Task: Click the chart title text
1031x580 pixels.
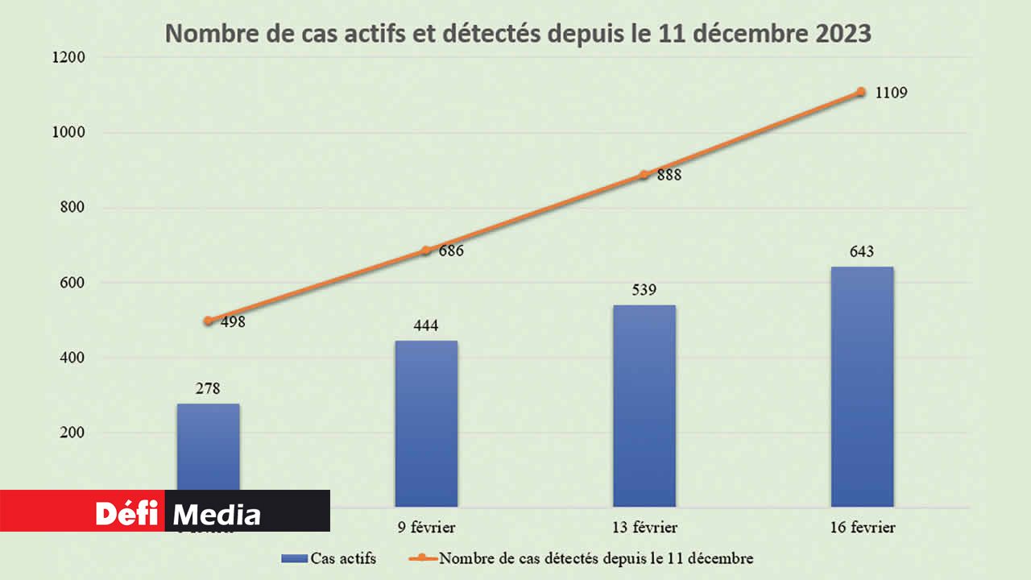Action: coord(518,35)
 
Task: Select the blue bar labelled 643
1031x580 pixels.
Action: coord(862,387)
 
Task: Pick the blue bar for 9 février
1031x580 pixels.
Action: coord(426,423)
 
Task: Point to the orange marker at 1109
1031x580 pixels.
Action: coord(861,92)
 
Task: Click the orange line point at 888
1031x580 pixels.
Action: coord(644,175)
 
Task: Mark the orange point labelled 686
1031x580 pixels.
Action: coord(426,251)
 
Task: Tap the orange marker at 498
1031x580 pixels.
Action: coord(208,321)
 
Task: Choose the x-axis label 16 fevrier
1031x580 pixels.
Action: coord(862,528)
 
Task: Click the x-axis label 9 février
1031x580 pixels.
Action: coord(426,528)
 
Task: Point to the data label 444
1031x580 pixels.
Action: coord(426,326)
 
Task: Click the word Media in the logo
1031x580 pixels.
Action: coord(217,515)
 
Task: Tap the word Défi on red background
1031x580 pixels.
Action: coord(126,513)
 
